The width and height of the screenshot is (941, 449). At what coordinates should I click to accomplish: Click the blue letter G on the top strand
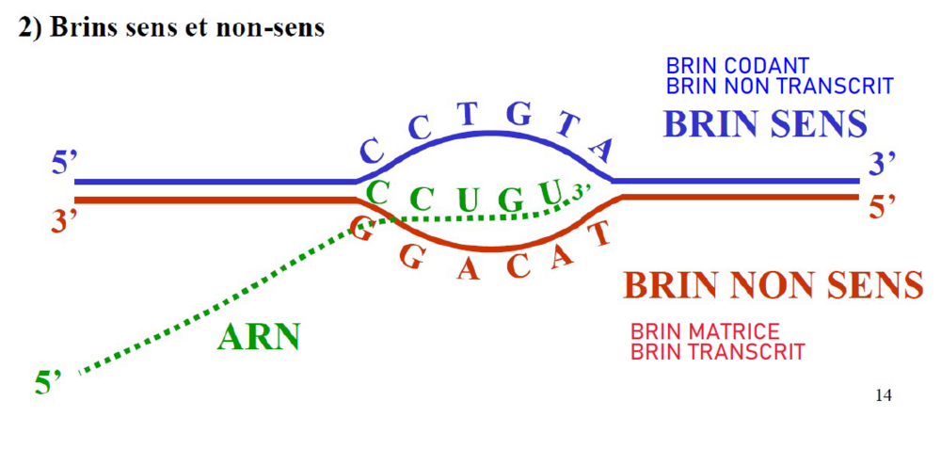point(519,116)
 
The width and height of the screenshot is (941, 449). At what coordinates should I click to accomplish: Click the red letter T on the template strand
point(598,232)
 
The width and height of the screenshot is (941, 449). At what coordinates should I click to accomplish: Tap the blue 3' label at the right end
point(881,164)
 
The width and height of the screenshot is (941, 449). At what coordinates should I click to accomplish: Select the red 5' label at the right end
point(882,207)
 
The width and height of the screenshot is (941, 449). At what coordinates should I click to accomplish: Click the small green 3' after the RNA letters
point(581,190)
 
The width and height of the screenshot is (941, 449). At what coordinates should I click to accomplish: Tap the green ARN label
point(258,336)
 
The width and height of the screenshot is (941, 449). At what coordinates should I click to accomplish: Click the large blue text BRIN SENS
point(765,123)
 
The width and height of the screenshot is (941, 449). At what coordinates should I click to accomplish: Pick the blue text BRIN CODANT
point(737,66)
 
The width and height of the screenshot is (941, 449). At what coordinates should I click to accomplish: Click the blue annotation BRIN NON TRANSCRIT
point(779,86)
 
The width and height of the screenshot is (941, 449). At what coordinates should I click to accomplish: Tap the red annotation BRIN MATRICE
point(705,331)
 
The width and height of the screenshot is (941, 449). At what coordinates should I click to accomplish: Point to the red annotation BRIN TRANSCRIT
point(718,352)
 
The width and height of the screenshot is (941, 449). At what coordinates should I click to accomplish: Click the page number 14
point(883,394)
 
